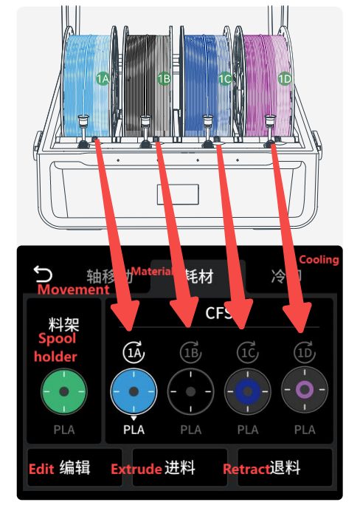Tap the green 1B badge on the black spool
click(164, 78)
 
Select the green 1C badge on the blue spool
click(225, 78)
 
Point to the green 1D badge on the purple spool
click(285, 78)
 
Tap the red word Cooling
click(319, 260)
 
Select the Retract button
click(284, 468)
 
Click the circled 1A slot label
click(134, 353)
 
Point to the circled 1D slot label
click(305, 353)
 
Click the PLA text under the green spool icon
click(63, 430)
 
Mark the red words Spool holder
click(58, 347)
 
